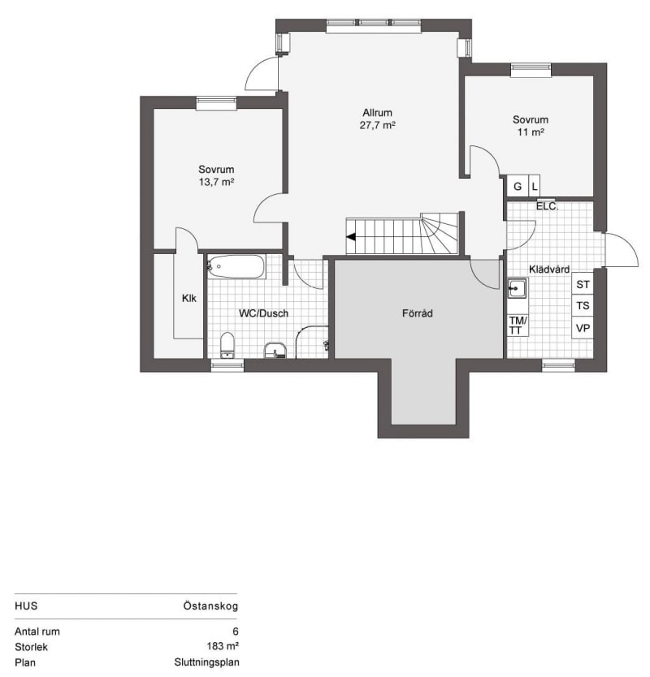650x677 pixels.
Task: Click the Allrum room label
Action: (377, 113)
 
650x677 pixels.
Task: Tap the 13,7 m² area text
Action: (216, 182)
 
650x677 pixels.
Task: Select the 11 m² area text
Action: (531, 132)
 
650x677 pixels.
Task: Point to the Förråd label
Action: (417, 313)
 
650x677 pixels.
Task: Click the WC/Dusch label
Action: (263, 313)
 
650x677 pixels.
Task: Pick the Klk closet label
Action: (188, 298)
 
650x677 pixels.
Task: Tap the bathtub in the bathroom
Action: (236, 266)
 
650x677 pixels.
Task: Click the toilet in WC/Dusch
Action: (227, 345)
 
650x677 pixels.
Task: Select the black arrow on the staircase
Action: (351, 236)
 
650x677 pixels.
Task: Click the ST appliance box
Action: (583, 284)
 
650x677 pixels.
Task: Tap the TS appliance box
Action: (583, 306)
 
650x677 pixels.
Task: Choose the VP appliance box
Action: (583, 328)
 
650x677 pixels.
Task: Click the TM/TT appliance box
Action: (518, 326)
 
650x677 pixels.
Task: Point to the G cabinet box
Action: (518, 186)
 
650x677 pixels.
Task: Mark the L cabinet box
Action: (535, 186)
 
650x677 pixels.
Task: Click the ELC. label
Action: (547, 206)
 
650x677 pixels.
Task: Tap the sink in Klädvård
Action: (518, 288)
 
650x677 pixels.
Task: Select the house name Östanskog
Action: (210, 606)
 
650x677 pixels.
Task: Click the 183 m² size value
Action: (223, 646)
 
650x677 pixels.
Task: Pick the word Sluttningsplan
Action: (206, 662)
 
